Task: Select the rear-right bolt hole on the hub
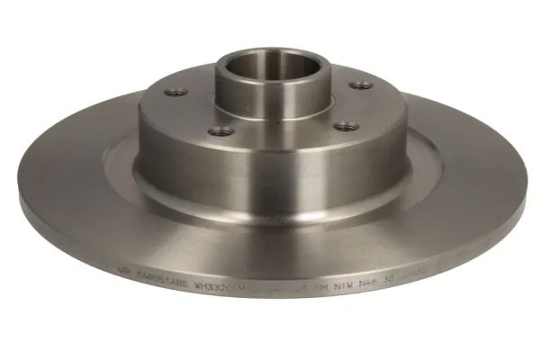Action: click(x=361, y=85)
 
